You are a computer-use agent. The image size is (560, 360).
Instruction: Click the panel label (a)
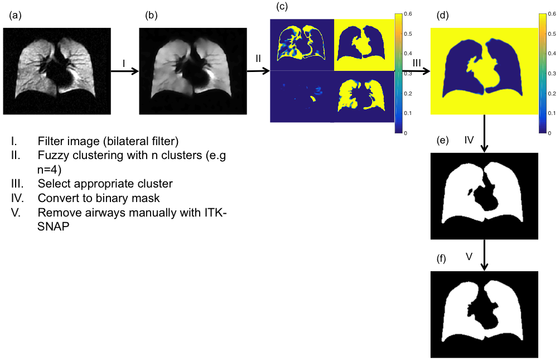click(x=15, y=16)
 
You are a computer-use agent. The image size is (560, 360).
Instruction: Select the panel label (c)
click(x=283, y=7)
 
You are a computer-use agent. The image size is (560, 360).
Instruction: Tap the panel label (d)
click(x=443, y=16)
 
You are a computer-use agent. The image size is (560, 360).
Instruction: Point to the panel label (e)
click(x=443, y=141)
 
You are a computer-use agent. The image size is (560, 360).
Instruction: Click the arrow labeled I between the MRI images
click(x=125, y=71)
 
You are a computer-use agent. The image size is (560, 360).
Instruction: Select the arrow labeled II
click(x=258, y=71)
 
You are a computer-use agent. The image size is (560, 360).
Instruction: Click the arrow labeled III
click(x=416, y=71)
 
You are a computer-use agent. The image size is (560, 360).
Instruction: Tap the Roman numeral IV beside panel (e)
click(x=469, y=140)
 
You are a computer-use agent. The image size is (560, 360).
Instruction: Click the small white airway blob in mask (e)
click(x=473, y=193)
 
